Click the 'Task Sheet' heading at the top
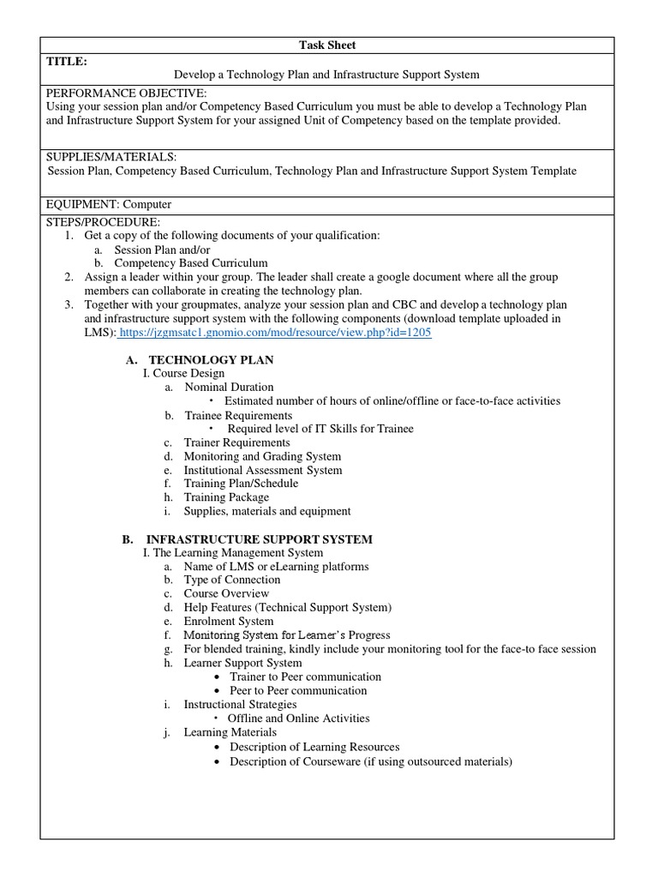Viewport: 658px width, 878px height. [x=327, y=45]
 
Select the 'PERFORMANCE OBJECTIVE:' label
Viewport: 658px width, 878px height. [x=127, y=93]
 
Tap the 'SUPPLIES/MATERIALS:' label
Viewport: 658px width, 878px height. [x=111, y=157]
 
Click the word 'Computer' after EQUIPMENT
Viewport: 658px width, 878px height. [x=147, y=205]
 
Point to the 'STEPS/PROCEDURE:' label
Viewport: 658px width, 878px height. [x=104, y=222]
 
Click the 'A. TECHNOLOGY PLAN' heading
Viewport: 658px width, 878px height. [x=211, y=360]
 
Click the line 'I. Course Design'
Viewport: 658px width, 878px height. [x=183, y=374]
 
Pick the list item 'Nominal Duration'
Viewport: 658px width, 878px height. [x=229, y=388]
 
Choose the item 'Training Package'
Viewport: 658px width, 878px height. [x=226, y=497]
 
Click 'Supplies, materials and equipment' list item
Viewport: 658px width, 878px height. [x=267, y=511]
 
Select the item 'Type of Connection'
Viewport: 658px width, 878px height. [x=232, y=580]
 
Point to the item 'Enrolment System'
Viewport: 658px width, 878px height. [x=229, y=622]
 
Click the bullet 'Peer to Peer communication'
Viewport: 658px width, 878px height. [x=298, y=690]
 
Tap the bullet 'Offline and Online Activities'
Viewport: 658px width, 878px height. [x=298, y=719]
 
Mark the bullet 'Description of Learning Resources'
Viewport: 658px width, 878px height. [x=314, y=747]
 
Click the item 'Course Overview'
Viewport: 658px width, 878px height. [x=226, y=593]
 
